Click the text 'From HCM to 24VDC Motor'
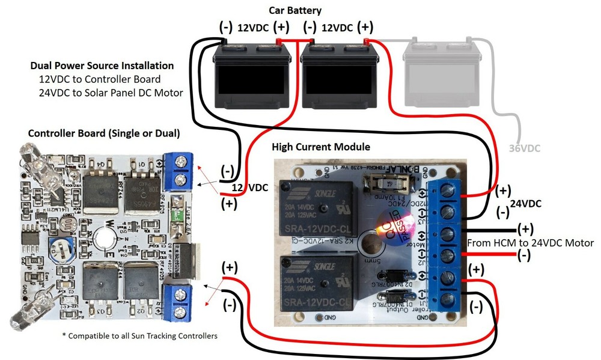(530, 243)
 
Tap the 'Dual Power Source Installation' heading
(102, 66)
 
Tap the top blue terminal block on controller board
(179, 171)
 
